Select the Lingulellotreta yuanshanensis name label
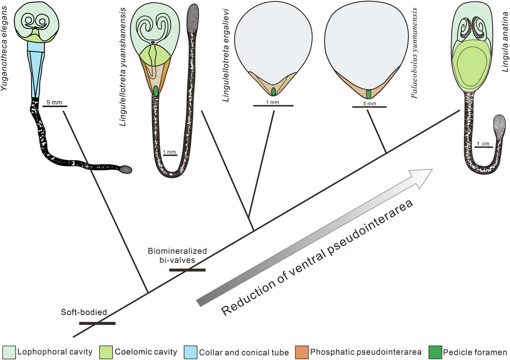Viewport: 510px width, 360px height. pos(123,67)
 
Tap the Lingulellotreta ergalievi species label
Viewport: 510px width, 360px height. pos(226,55)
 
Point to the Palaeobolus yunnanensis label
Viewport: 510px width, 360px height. pos(414,53)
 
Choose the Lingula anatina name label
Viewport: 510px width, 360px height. pos(505,40)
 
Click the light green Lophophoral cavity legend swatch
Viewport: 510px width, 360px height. pos(9,352)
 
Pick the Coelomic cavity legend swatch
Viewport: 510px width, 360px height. pos(106,352)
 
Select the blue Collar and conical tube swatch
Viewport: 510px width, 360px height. pos(191,352)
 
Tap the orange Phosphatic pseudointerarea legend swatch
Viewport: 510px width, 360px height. pos(302,352)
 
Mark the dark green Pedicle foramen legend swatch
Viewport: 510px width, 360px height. pos(435,352)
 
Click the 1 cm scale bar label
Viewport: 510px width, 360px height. pos(483,144)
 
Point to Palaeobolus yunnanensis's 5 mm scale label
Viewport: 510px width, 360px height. pos(370,103)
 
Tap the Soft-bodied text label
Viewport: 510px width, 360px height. pos(84,312)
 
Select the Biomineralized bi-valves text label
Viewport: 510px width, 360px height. pos(177,255)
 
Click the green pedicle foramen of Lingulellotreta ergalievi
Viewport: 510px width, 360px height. pos(273,92)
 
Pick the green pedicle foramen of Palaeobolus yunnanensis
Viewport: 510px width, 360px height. pos(369,94)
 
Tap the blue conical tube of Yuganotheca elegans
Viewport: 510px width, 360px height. pos(36,73)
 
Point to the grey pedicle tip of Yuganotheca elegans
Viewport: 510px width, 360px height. pos(126,169)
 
